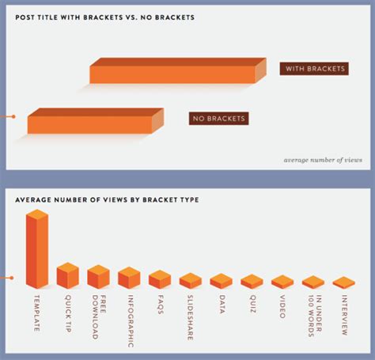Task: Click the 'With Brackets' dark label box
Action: click(314, 69)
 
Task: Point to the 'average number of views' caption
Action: click(323, 160)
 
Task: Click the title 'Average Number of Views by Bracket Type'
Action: click(107, 200)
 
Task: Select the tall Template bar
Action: click(37, 249)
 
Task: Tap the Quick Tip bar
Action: click(68, 275)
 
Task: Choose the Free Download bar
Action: click(98, 277)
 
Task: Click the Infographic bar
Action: click(129, 278)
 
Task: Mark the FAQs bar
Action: click(160, 279)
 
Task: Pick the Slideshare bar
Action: click(191, 281)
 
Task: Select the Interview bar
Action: click(344, 282)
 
